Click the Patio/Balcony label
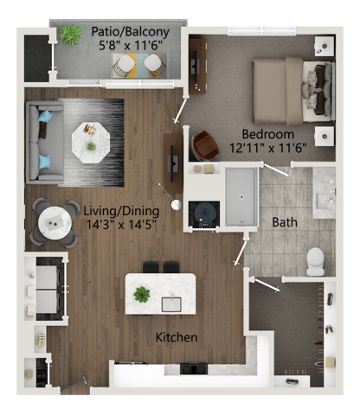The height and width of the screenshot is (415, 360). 130,34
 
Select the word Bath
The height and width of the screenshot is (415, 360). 285,222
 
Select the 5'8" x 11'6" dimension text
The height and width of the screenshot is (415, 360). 131,49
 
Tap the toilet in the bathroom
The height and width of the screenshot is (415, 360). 315,259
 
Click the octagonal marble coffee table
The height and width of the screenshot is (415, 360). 90,137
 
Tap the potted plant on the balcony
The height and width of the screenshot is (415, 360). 69,35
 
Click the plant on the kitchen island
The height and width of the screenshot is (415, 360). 141,294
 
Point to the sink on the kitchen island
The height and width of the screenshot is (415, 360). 170,303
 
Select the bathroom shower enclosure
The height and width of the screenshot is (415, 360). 240,196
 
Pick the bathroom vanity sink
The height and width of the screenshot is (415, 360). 324,201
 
